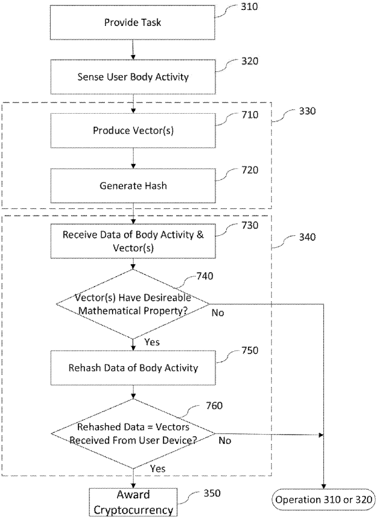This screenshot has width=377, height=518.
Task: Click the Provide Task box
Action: pyautogui.click(x=133, y=23)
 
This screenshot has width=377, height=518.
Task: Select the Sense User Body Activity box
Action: pyautogui.click(x=133, y=77)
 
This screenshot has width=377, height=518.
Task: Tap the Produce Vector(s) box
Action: pyautogui.click(x=133, y=131)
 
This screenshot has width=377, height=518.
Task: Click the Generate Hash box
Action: pyautogui.click(x=133, y=186)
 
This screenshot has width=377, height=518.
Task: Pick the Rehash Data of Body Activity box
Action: pyautogui.click(x=133, y=368)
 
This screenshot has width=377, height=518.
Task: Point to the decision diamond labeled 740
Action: pyautogui.click(x=133, y=303)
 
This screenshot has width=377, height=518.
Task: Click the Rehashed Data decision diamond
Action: pyautogui.click(x=133, y=434)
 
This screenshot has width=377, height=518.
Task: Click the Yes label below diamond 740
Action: pyautogui.click(x=151, y=342)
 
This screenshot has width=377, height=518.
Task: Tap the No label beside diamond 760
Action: pyautogui.click(x=225, y=441)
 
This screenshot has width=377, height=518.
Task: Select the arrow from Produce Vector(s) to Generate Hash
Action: pyautogui.click(x=133, y=158)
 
